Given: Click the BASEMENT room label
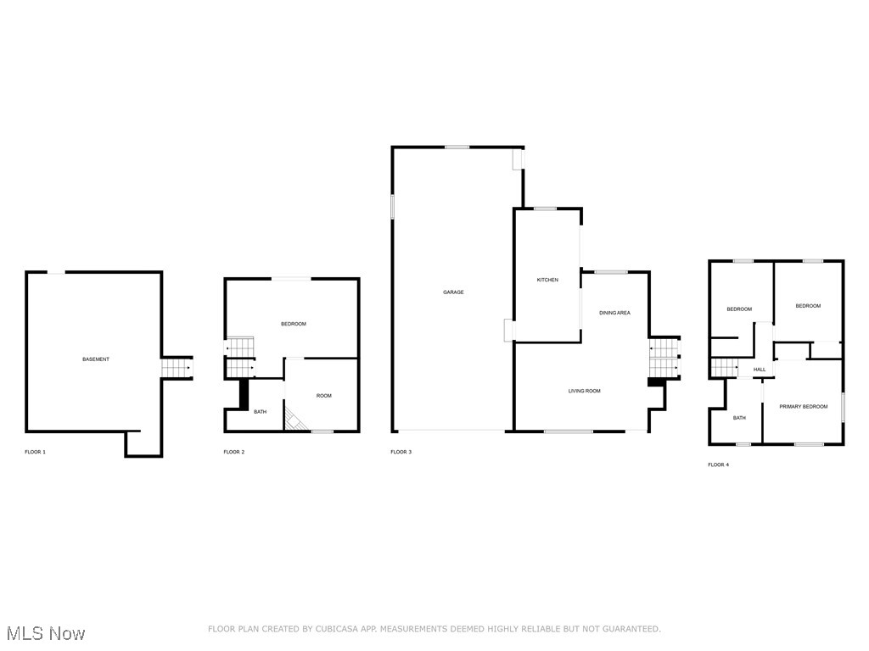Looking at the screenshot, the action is point(96,359).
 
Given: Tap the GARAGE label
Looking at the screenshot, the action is point(453,292).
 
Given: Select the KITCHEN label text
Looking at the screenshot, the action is point(547,280).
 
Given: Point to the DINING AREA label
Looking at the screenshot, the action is point(614,313).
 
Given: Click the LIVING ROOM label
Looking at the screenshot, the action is point(584,391).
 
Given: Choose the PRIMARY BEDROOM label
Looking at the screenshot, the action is point(804,406).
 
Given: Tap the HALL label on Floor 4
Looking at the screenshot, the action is point(760,370).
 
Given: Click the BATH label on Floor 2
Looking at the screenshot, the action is point(260,412).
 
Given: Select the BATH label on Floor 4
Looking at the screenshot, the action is point(739,418).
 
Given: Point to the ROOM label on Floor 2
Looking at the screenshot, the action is point(323,396).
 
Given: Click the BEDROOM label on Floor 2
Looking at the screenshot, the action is point(293,324).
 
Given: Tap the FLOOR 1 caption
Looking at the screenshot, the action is point(35,453).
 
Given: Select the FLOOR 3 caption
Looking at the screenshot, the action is point(401,453).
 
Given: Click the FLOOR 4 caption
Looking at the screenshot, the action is point(718,465).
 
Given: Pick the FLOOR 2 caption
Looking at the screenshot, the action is point(234,453).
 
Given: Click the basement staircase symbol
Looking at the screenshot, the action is point(177,368).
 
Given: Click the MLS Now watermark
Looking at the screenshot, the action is point(46,633).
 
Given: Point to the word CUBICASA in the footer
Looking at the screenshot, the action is point(337,629).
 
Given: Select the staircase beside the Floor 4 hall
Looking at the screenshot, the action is point(725,368).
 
